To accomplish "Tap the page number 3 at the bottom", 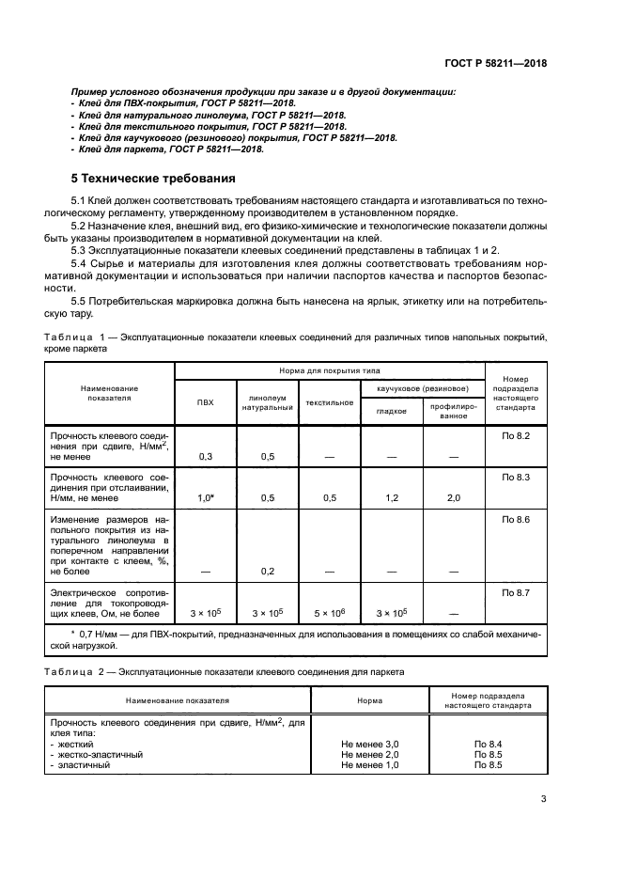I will pos(543,800).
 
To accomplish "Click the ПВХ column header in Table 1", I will pos(205,402).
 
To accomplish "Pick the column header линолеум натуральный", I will pos(268,402).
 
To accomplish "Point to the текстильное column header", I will pos(329,402).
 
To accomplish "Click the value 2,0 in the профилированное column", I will pos(453,498).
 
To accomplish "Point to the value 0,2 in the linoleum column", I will pos(268,571).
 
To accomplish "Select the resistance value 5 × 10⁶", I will pos(329,613).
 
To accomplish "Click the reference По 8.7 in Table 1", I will pos(516,591).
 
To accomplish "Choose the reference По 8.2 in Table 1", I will pos(516,435).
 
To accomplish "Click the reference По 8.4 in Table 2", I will pos(488,743).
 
